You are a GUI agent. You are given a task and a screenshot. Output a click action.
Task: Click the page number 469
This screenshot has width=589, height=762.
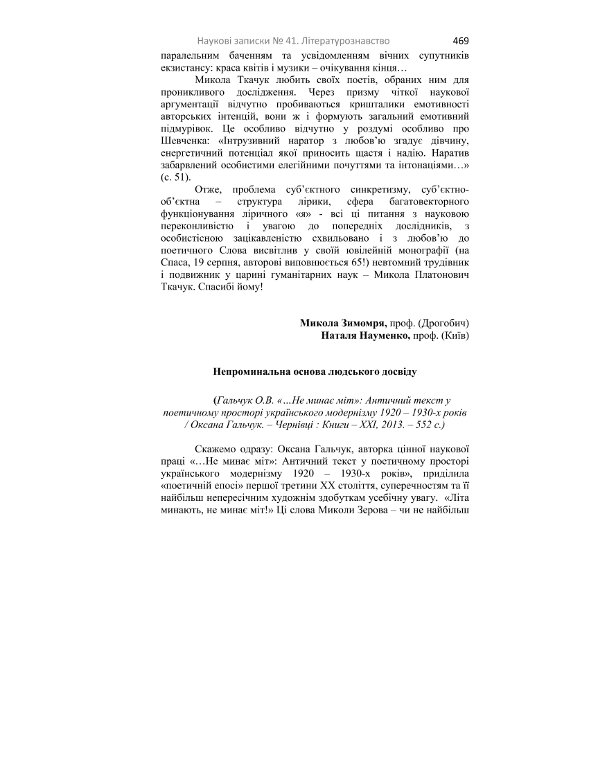[461, 40]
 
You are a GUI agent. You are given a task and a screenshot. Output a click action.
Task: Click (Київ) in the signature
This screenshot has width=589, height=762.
[455, 335]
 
